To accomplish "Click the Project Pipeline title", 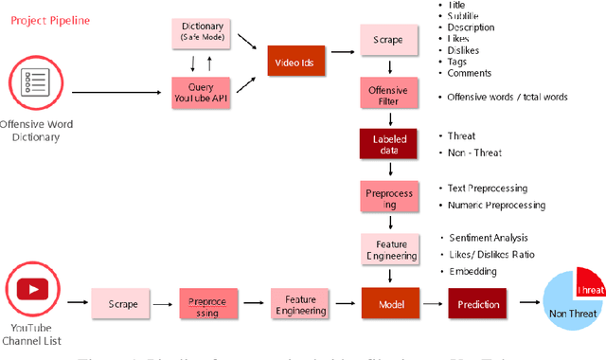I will [x=53, y=18].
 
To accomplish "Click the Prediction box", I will [x=478, y=304].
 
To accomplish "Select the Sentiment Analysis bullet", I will [x=489, y=237].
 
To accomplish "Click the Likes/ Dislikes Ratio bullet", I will [x=490, y=256].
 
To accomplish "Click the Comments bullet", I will [x=470, y=72].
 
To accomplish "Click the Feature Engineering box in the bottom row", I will [x=300, y=304].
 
